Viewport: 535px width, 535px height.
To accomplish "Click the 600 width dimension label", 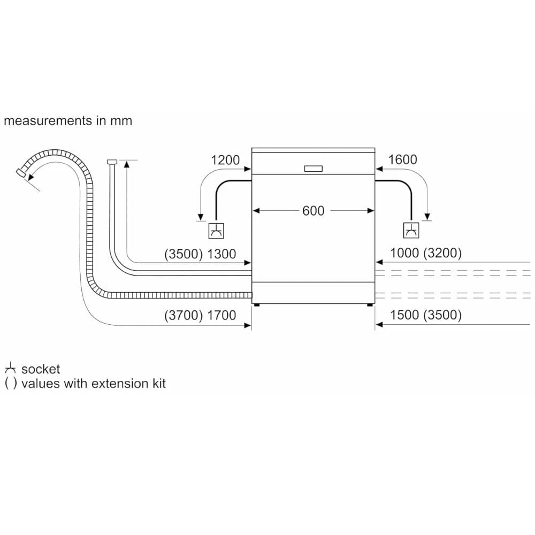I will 313,211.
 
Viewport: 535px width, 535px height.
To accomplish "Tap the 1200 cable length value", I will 225,159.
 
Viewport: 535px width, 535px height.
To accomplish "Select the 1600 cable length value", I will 402,159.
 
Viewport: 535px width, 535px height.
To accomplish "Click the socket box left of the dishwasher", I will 216,231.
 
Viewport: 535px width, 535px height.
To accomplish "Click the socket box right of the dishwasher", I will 410,231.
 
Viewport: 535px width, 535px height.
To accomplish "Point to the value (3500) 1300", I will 200,254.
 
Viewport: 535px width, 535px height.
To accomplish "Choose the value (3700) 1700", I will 200,315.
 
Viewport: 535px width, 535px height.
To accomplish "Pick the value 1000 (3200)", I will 426,254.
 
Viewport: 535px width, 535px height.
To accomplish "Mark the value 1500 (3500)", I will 426,315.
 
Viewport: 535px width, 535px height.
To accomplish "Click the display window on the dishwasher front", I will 313,169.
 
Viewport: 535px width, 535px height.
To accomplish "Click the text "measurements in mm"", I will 68,120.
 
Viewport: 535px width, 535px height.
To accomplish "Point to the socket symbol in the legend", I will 10,369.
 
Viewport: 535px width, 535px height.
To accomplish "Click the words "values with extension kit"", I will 94,383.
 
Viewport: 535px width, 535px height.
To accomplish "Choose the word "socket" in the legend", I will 41,369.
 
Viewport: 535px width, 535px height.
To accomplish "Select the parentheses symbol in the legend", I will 10,383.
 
